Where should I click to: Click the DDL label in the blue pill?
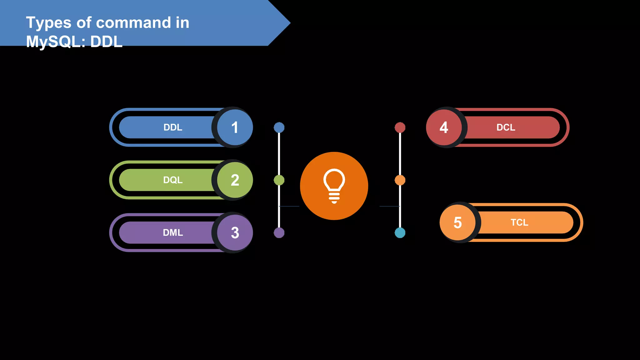(x=173, y=127)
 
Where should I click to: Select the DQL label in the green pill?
(x=173, y=180)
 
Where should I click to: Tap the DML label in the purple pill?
(x=173, y=232)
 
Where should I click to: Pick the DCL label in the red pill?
(x=506, y=127)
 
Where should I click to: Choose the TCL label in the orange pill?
(x=519, y=222)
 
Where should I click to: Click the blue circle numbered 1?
(x=235, y=127)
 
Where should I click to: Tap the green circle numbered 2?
(x=235, y=180)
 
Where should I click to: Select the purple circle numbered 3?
(x=235, y=232)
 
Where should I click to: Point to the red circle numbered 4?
(x=444, y=127)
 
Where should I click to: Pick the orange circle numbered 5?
(x=457, y=222)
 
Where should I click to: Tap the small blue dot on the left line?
(x=279, y=127)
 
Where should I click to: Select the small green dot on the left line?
(x=279, y=180)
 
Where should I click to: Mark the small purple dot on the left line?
(x=279, y=232)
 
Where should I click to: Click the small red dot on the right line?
(x=400, y=127)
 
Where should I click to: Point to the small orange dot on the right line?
(x=400, y=180)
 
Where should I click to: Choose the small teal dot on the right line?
(x=400, y=232)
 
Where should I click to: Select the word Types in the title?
(x=48, y=23)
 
